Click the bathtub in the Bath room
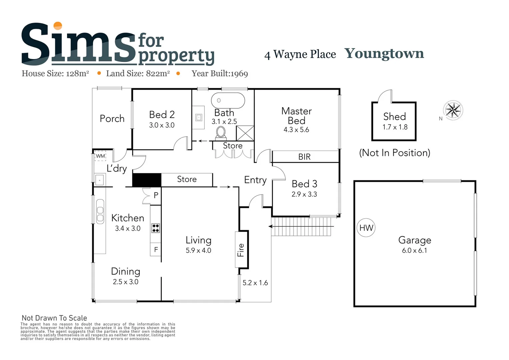point(228,100)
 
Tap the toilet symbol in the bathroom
point(221,133)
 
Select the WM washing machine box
point(100,156)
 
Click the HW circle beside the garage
point(366,228)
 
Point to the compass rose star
point(453,110)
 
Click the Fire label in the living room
point(241,250)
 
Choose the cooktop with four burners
point(156,228)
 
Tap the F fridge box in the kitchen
point(156,249)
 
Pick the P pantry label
point(156,195)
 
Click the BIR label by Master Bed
point(304,157)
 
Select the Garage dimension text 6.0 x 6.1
point(414,250)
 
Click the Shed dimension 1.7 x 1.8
point(395,127)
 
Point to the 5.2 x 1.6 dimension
point(255,283)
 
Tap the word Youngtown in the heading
point(384,53)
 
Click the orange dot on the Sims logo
point(58,26)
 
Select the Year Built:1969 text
point(220,74)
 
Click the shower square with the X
point(245,133)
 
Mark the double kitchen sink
point(100,211)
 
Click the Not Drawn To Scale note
point(54,318)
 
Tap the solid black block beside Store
point(147,180)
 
